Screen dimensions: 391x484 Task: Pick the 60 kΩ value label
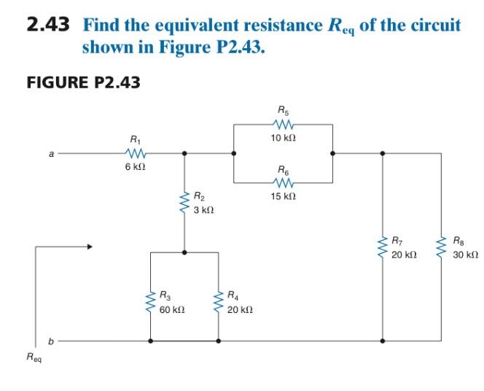tap(172, 310)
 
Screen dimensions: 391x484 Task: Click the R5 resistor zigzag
tap(283, 125)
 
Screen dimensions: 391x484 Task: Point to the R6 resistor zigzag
tap(283, 182)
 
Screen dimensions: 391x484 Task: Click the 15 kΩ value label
tap(283, 197)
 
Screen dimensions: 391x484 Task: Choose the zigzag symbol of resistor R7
tap(382, 248)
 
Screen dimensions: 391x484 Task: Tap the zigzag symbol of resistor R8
tap(441, 248)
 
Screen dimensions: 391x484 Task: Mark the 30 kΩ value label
tap(464, 256)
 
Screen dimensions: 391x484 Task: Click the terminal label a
tap(51, 154)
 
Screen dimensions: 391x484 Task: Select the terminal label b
tap(51, 341)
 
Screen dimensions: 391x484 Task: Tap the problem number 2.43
tap(48, 26)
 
